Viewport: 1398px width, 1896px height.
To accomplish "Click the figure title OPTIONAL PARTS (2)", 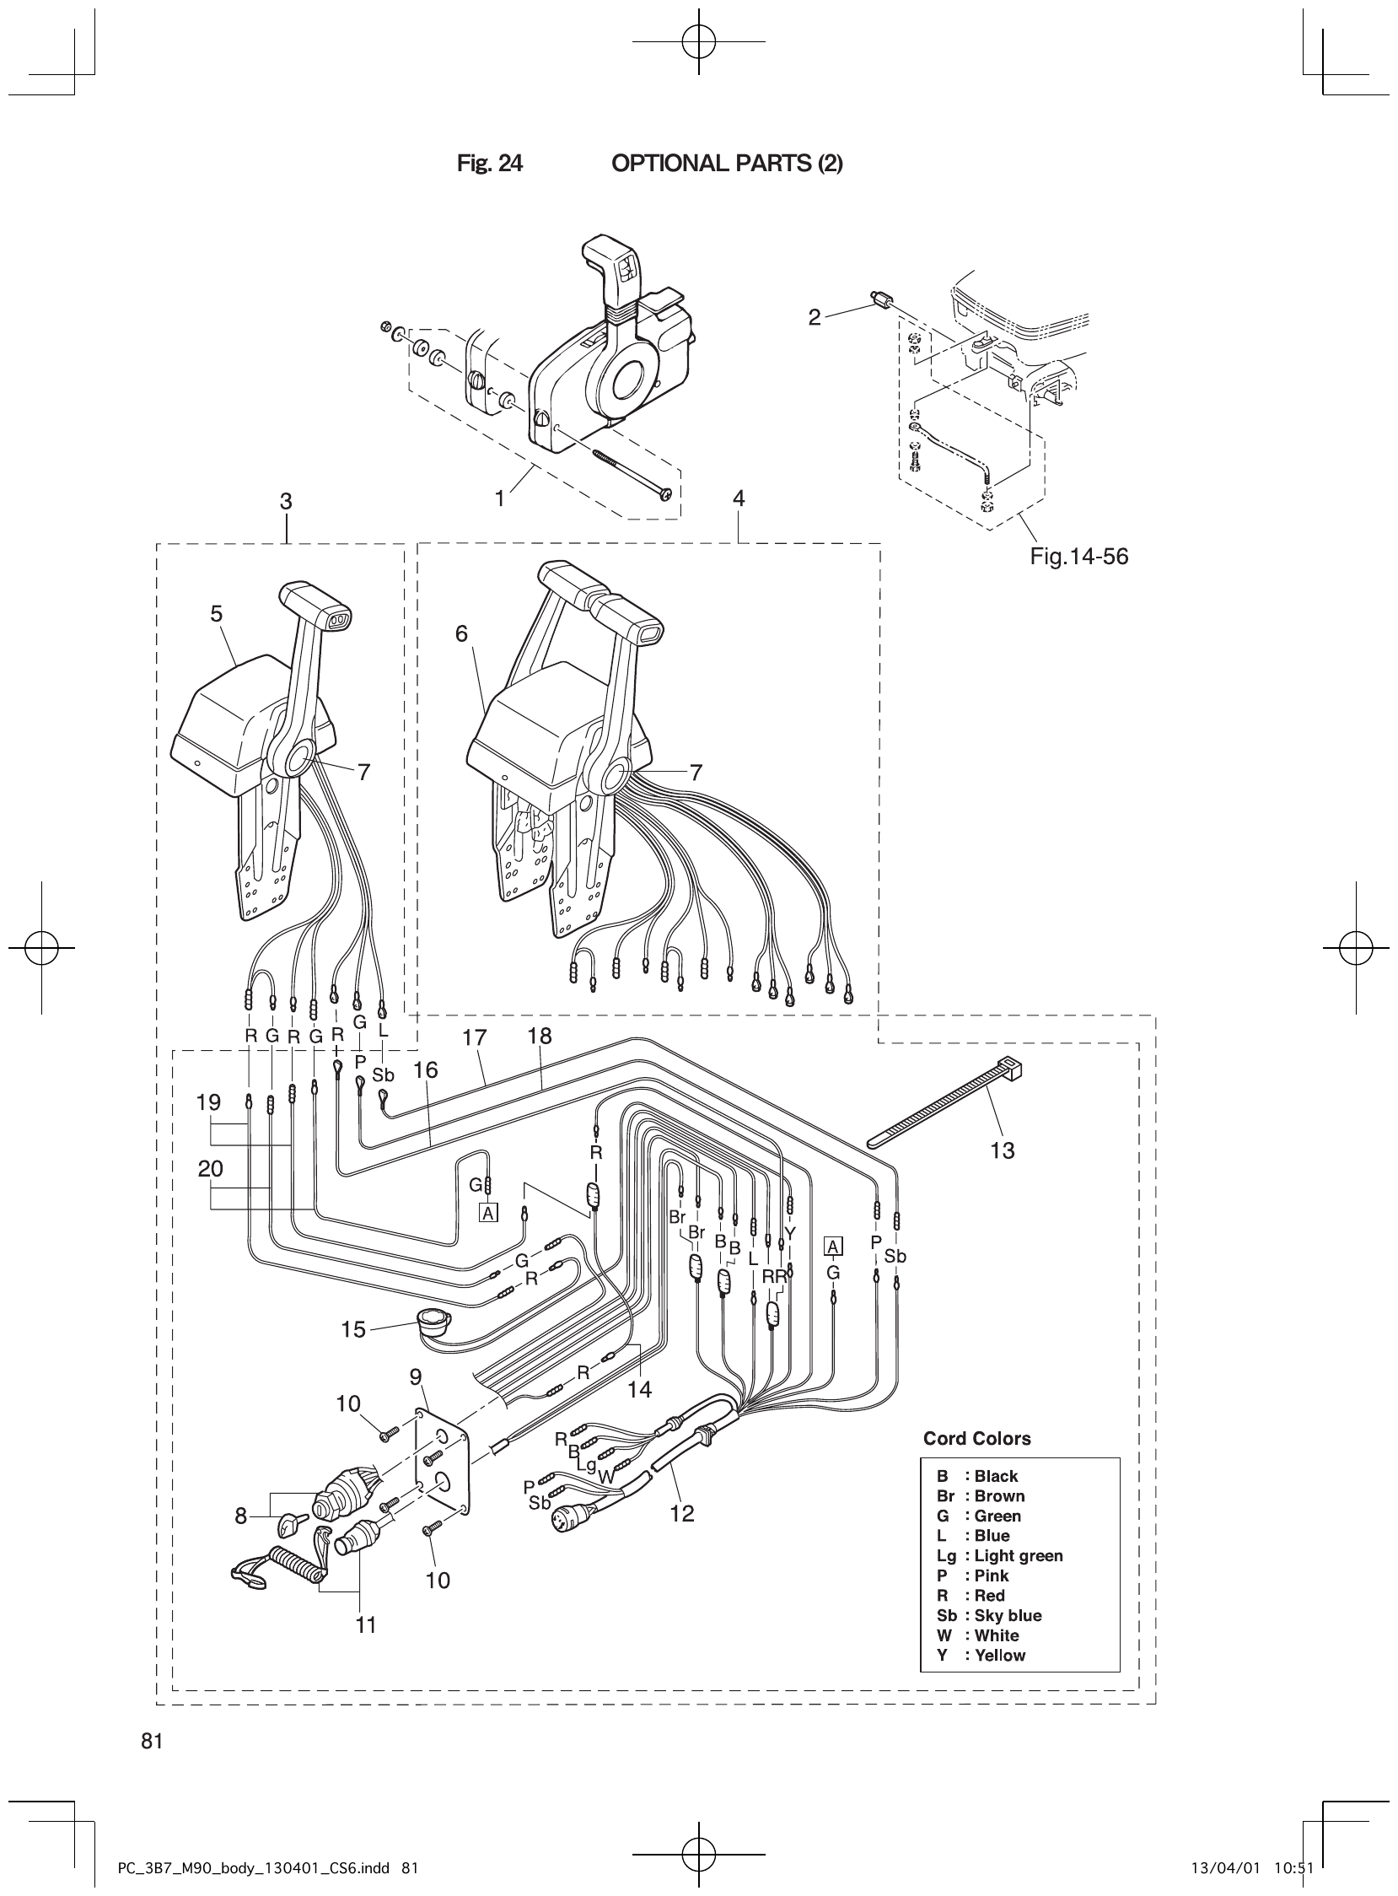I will [726, 164].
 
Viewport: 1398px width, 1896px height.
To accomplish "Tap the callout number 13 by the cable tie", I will [1002, 1150].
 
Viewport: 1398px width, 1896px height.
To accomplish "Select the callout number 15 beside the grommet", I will [353, 1329].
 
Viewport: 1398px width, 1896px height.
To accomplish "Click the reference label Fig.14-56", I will [1078, 556].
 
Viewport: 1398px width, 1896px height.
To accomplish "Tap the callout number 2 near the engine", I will [814, 318].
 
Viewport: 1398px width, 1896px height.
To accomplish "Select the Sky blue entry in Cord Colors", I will [989, 1615].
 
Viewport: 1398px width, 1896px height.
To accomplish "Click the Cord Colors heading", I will [976, 1439].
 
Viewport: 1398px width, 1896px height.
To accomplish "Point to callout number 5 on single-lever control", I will [217, 614].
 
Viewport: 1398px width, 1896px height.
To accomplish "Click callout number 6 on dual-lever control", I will [461, 633].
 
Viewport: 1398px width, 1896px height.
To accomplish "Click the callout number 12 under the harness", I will [681, 1513].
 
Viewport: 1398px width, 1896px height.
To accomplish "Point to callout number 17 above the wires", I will [475, 1037].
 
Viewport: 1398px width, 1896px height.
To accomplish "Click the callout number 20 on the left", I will [210, 1169].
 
